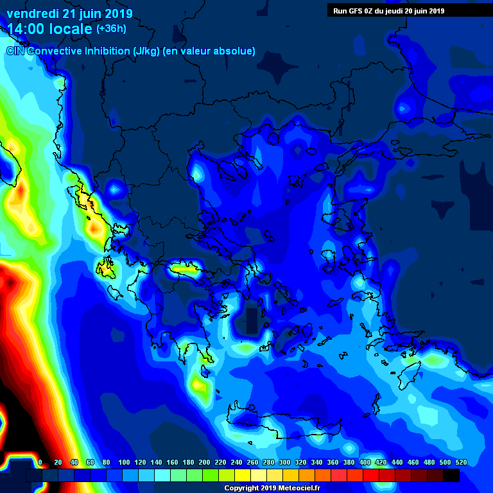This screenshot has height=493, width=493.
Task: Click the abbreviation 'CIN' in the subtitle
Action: click(16, 51)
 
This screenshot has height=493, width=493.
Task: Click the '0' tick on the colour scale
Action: click(40, 462)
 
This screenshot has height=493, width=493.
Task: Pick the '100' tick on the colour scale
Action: click(124, 462)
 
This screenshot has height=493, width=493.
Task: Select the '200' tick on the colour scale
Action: click(204, 462)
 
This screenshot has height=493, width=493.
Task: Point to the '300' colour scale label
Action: click(284, 462)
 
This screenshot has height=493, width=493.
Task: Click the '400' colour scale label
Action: click(365, 462)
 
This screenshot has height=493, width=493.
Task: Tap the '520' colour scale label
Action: click(461, 462)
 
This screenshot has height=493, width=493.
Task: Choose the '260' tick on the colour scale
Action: click(252, 462)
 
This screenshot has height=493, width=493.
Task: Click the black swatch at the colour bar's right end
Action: click(451, 475)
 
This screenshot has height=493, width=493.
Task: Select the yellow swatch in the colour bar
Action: click(243, 475)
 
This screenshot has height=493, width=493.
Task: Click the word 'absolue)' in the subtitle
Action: click(234, 51)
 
